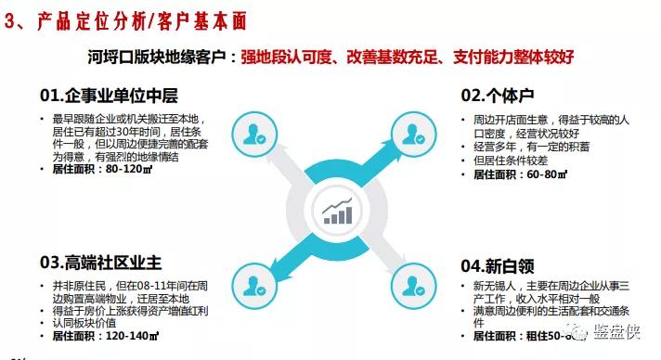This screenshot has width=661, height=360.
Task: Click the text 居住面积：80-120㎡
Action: [x=97, y=170]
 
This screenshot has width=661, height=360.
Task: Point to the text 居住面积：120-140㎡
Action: [x=101, y=333]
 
